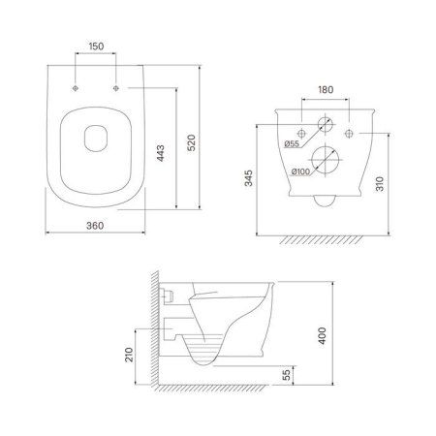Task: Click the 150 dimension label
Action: [97, 47]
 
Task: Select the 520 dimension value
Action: [192, 143]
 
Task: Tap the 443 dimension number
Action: [161, 153]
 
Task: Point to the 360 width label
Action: [95, 226]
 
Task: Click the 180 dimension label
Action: [326, 89]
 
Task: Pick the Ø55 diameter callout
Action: [292, 144]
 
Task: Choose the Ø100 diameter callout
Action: [300, 171]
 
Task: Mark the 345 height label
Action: [249, 178]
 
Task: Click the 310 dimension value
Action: [380, 184]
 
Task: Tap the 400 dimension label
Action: [323, 336]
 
